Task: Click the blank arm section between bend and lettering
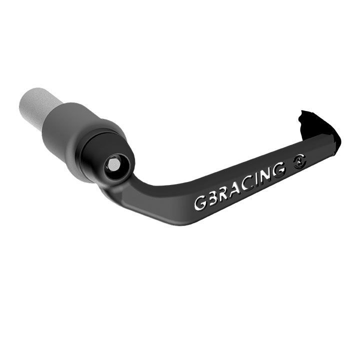coord(165,200)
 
